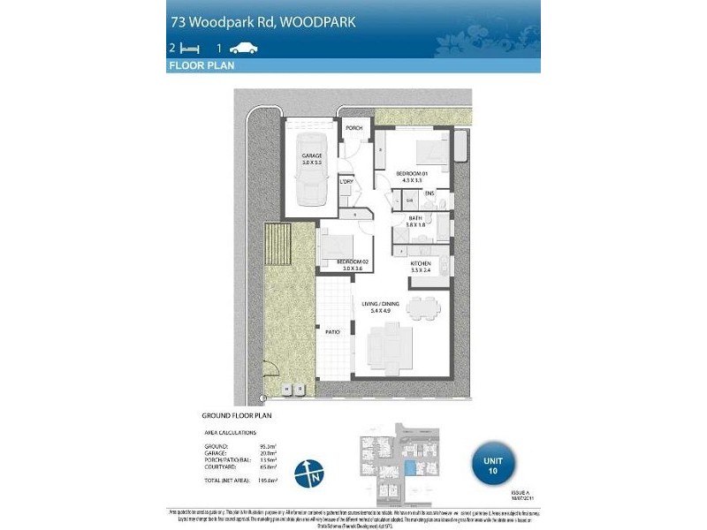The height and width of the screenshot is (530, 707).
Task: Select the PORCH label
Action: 354,128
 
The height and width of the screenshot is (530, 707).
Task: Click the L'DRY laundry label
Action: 347,181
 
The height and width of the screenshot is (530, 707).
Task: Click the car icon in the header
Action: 242,48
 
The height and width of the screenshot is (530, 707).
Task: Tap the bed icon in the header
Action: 190,48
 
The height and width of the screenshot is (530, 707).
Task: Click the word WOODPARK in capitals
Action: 317,22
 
